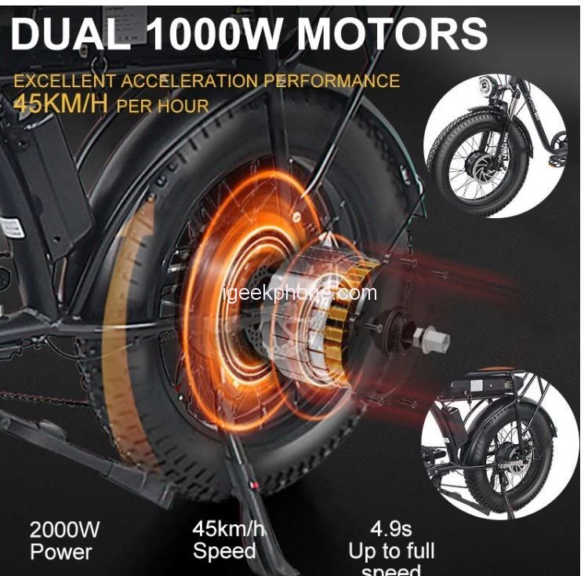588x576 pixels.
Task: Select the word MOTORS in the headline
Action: tap(392, 35)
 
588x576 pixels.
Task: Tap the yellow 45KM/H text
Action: tap(60, 104)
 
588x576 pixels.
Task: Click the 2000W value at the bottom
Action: tap(65, 530)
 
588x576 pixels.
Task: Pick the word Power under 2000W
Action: tap(61, 552)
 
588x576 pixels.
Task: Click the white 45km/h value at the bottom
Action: tap(228, 528)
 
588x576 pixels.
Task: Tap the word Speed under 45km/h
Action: tap(224, 551)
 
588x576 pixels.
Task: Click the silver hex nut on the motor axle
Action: tap(430, 339)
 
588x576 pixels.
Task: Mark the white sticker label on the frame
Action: tap(11, 228)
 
